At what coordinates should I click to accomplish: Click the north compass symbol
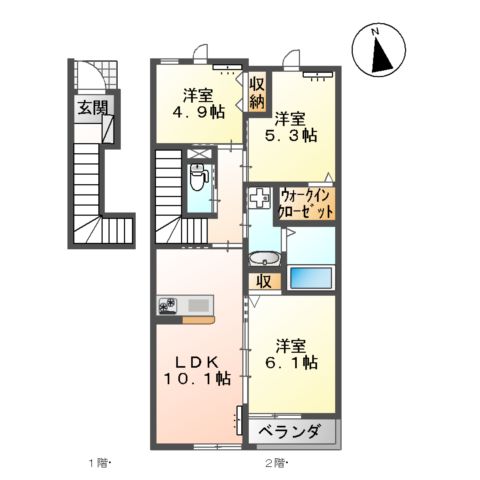tap(379, 51)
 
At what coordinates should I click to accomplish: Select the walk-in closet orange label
tap(306, 204)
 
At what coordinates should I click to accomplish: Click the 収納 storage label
tap(257, 92)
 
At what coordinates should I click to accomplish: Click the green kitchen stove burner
tap(166, 305)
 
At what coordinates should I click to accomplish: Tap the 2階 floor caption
tap(276, 463)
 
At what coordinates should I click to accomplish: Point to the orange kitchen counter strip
tap(198, 320)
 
